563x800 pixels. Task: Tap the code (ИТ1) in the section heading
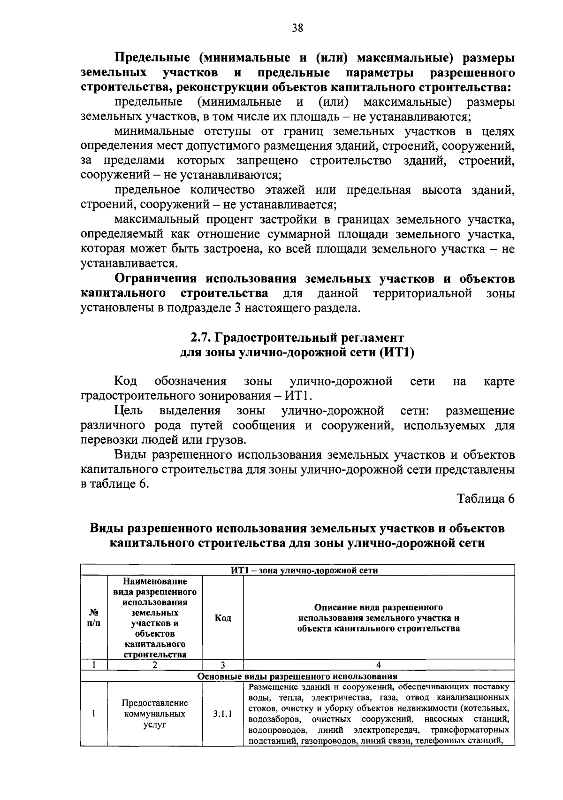[397, 353]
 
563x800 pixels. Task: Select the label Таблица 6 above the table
[486, 499]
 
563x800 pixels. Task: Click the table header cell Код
[223, 618]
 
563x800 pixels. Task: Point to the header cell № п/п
[94, 618]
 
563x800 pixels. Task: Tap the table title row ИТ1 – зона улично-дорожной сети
[297, 570]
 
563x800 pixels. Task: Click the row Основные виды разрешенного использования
[297, 677]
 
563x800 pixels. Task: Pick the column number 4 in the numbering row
[379, 665]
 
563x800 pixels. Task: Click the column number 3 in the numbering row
[223, 665]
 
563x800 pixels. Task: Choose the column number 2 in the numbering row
[155, 665]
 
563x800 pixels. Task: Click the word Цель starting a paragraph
[128, 411]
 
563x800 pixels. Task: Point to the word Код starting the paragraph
[125, 381]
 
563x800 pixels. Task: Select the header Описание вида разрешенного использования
[379, 618]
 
